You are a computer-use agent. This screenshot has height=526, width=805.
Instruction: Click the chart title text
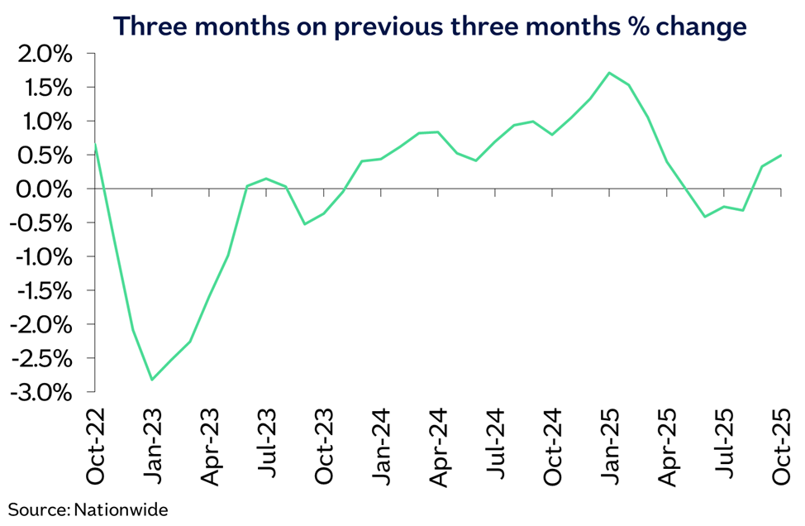point(431,26)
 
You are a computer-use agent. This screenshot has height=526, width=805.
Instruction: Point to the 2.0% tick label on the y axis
point(45,55)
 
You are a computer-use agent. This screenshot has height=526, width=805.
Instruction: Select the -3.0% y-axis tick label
point(43,393)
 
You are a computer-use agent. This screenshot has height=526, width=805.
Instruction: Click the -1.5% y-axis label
point(43,291)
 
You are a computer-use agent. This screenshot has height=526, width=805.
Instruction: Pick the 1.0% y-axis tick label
point(45,122)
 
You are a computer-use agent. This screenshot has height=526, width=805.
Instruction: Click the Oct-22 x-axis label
point(96,447)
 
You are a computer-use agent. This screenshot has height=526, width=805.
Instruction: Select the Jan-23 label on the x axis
point(152,447)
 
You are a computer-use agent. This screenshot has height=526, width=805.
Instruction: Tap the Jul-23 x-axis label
point(267,443)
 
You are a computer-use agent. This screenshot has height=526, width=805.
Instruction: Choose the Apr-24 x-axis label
point(438,448)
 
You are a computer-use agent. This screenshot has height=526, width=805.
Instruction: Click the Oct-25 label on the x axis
point(781,447)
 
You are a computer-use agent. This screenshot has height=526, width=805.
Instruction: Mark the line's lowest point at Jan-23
point(152,380)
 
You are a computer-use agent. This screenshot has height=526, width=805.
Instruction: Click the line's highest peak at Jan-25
point(609,73)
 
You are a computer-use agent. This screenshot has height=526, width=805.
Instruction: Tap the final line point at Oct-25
point(781,155)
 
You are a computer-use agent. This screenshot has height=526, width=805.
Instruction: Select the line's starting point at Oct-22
point(96,145)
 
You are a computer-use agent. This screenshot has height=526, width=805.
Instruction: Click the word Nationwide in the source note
point(121,509)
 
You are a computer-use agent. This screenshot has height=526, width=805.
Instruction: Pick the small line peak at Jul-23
point(266,179)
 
